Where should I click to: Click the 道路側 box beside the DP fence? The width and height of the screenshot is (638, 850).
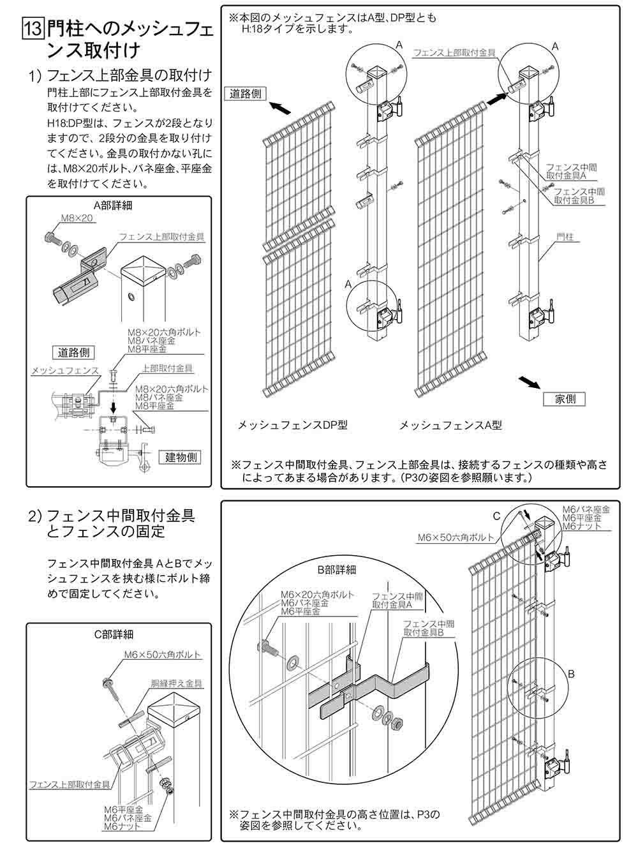[x=247, y=93]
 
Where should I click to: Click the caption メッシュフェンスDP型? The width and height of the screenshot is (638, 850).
[x=292, y=425]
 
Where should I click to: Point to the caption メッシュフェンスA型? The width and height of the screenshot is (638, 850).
[x=450, y=425]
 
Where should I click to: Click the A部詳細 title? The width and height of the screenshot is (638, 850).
[x=113, y=205]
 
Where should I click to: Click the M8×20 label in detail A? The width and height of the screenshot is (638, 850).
[x=77, y=218]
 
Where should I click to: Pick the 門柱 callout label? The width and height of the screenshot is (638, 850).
[x=564, y=237]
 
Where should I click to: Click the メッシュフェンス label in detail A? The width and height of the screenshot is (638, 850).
[x=66, y=370]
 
